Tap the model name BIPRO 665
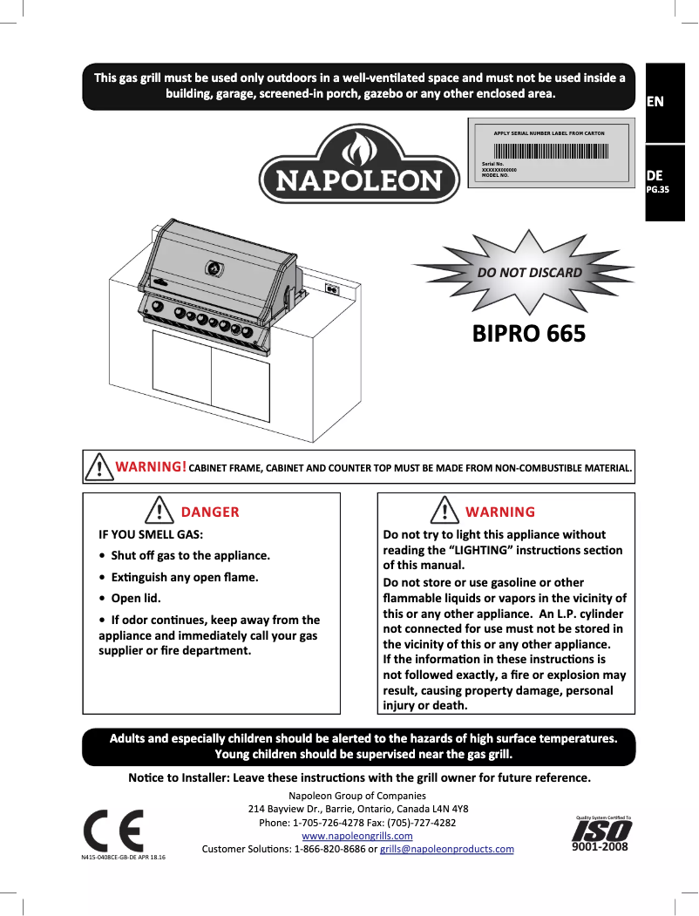[x=528, y=334]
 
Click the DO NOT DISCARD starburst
[x=529, y=273]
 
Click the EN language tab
[x=655, y=101]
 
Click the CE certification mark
[x=114, y=832]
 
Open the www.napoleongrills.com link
[x=356, y=836]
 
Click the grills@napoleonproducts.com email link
[x=447, y=849]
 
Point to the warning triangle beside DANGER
[x=158, y=510]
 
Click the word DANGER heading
[x=210, y=512]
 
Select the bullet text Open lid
[x=136, y=598]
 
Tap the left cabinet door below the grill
[x=182, y=375]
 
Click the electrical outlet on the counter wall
[x=331, y=288]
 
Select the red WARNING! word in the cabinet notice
[x=151, y=467]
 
